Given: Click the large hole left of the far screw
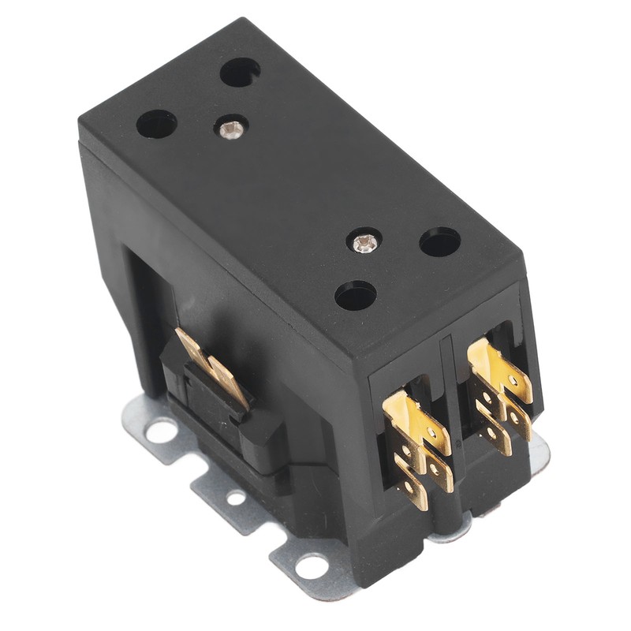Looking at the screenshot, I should coord(157,124).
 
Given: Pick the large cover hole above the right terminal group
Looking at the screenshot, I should coord(440,241).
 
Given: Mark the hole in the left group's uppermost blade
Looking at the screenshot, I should coord(431,432).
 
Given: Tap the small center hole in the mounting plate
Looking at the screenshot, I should coord(235,497).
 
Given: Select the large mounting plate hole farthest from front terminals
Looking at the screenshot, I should coord(162,429).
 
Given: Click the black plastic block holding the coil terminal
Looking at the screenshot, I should coord(237,426).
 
